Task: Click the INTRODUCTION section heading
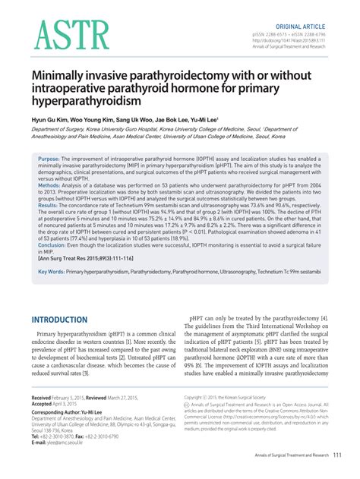tap(65, 320)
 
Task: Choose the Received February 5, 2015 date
tap(61, 397)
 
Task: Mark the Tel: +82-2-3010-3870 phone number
tap(53, 436)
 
